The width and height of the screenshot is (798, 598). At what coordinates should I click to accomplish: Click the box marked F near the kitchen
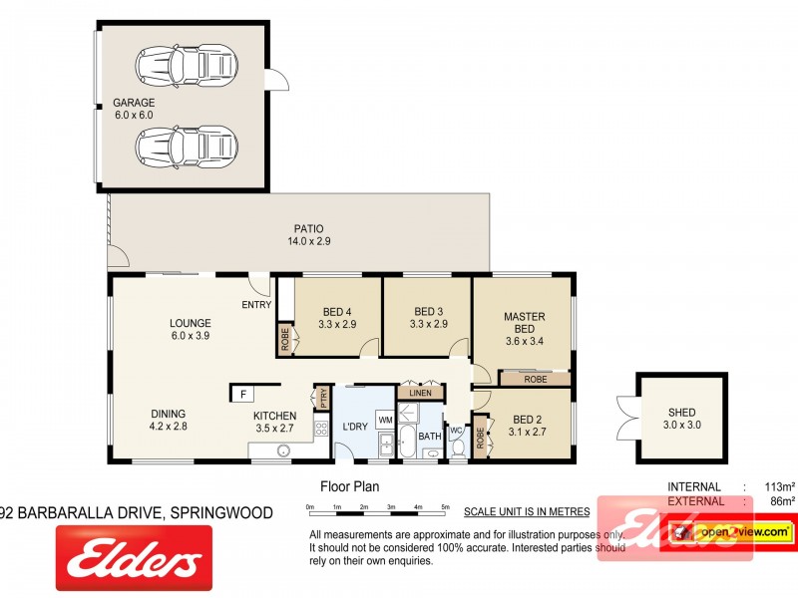[240, 395]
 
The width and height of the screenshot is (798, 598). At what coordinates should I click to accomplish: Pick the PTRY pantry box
[322, 399]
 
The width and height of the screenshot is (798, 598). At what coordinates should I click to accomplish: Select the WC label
[455, 433]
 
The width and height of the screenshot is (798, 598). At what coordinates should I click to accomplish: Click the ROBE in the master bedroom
[535, 379]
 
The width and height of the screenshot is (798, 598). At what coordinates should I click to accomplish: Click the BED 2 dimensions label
[528, 432]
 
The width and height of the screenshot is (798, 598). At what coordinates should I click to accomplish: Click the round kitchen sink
[283, 451]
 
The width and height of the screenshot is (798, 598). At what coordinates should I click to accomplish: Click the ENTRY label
[255, 305]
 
